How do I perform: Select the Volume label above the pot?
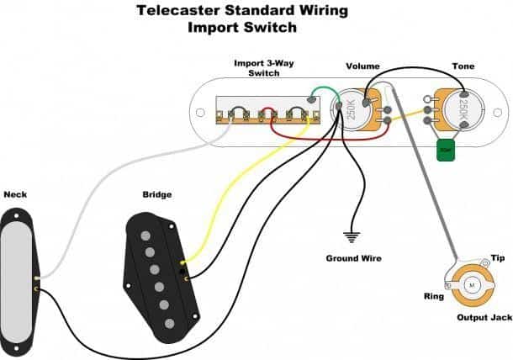tap(362, 66)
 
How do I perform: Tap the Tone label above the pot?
tap(463, 66)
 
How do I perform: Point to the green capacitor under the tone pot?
tap(442, 151)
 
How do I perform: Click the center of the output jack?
tap(470, 286)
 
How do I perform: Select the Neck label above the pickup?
tap(15, 194)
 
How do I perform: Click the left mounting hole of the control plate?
tap(199, 111)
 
